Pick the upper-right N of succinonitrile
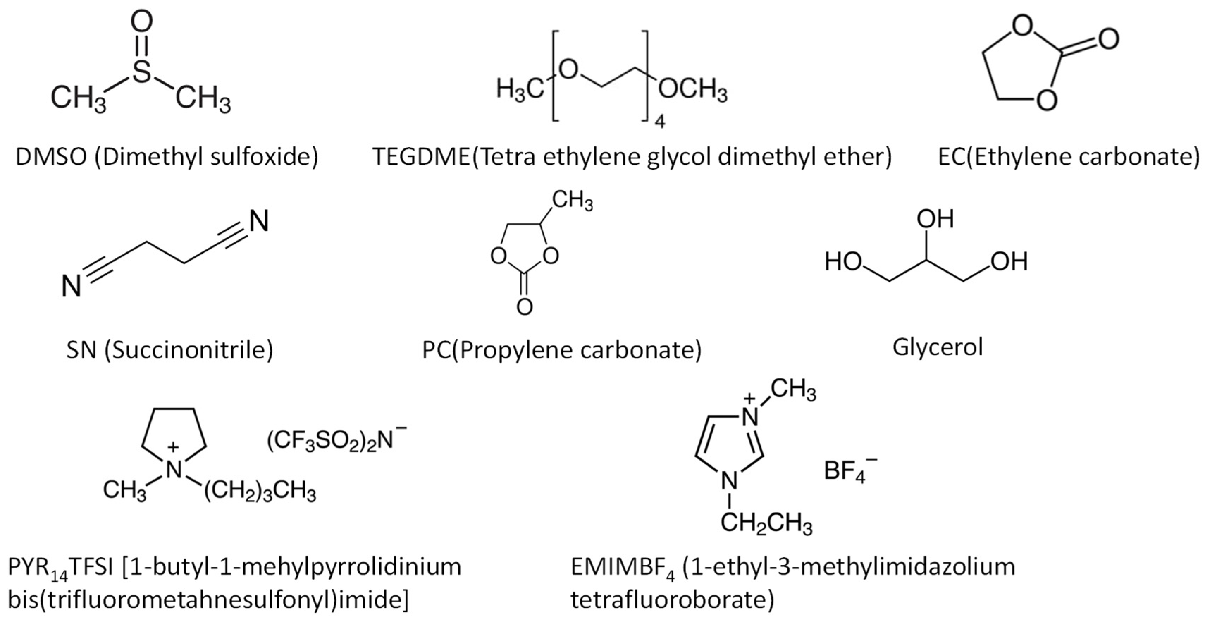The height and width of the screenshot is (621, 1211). [259, 221]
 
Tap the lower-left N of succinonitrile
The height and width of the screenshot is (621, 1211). [72, 286]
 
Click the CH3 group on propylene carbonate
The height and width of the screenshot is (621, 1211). [572, 201]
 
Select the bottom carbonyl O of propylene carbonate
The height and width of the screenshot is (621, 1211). [524, 307]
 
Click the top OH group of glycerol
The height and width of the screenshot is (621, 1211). [935, 219]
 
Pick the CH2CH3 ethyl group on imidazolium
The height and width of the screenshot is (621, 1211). [766, 523]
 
